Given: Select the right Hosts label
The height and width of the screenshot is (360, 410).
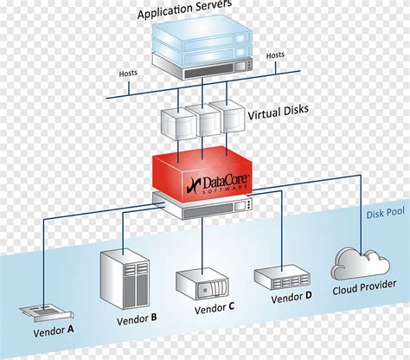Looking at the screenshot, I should (x=275, y=55).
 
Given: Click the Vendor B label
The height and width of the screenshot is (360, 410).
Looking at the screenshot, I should (x=136, y=318).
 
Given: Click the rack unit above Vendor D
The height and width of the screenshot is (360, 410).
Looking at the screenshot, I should (x=282, y=277).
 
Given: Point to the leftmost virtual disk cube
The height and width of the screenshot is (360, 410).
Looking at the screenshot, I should (x=177, y=126).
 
